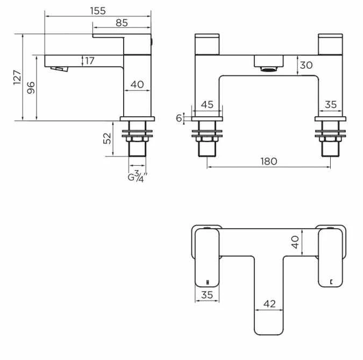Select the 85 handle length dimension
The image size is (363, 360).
click(x=122, y=23)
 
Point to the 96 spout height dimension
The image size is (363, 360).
click(x=31, y=87)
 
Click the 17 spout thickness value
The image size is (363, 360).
click(x=90, y=60)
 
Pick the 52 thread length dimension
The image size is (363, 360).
click(x=108, y=139)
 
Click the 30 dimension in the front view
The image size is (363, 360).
click(x=306, y=65)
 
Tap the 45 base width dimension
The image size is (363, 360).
click(x=208, y=104)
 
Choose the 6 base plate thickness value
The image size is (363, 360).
click(x=179, y=118)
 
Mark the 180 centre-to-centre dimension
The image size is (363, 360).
click(x=269, y=161)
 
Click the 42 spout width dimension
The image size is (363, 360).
click(x=269, y=304)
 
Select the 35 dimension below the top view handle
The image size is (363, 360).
click(x=207, y=295)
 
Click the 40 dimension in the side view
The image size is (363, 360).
click(x=137, y=84)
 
